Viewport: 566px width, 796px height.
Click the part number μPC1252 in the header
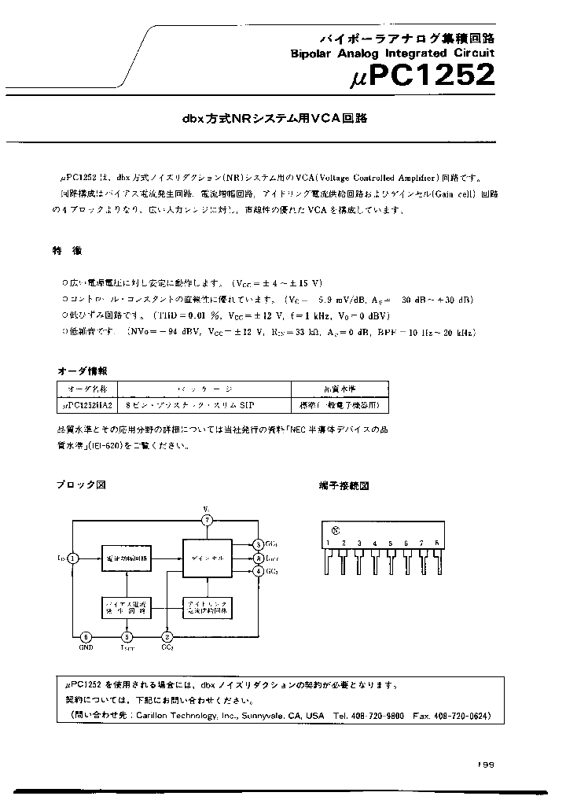[422, 76]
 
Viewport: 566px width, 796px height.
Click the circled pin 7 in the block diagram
[207, 521]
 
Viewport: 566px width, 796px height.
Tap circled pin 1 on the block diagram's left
[72, 558]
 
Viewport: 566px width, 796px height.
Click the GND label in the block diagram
[86, 648]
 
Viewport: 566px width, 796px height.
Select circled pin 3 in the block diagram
[259, 544]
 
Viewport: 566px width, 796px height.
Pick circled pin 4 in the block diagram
[259, 571]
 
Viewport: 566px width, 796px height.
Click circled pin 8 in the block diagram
[259, 558]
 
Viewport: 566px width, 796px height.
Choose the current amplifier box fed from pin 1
[126, 558]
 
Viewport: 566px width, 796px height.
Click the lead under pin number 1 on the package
[328, 563]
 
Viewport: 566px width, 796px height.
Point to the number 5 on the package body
[391, 544]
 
